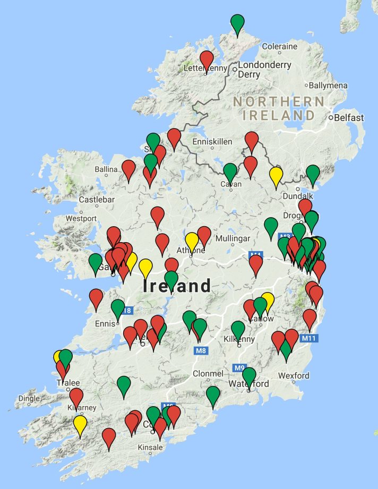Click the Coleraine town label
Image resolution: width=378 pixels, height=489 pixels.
tap(279, 47)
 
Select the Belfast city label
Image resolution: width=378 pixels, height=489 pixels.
tap(349, 118)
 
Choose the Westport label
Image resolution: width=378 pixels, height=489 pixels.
tap(81, 218)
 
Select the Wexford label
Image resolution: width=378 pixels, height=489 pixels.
tap(294, 376)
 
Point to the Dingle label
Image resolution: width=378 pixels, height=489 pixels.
tap(29, 398)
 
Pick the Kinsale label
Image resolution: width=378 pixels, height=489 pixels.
tap(150, 448)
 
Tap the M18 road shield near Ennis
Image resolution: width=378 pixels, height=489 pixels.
tap(126, 311)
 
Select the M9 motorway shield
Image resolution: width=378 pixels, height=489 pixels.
tap(240, 367)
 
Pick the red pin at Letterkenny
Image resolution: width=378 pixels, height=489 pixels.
tap(207, 61)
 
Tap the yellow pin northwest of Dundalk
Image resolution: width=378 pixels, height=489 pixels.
tap(276, 176)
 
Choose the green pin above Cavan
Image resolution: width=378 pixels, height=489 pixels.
tap(230, 172)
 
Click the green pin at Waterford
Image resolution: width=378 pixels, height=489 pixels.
tap(248, 376)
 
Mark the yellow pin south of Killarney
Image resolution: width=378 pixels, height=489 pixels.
tap(80, 425)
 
